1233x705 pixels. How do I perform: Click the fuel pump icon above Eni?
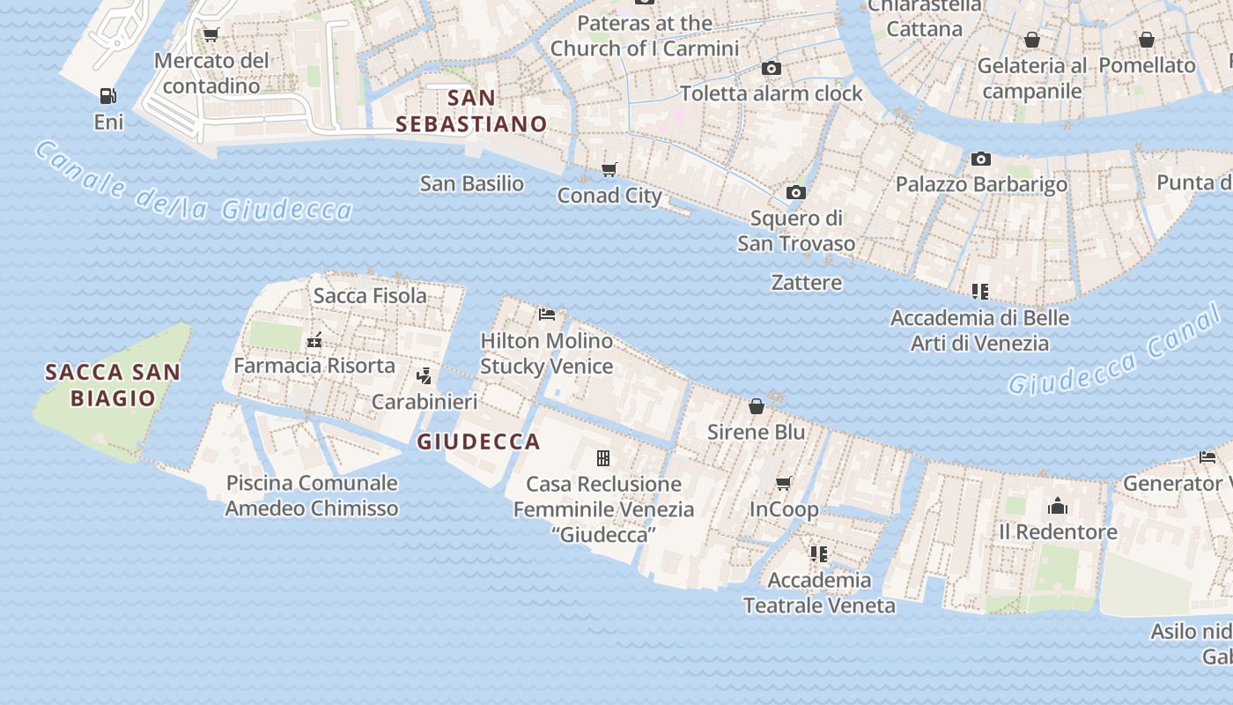107,95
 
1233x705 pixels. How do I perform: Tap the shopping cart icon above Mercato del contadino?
210,35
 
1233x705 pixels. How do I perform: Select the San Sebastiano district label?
471,110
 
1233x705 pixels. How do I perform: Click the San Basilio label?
471,184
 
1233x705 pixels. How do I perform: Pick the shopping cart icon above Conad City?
609,169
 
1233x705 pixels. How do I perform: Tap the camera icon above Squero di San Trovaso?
795,192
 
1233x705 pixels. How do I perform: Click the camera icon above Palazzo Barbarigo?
980,159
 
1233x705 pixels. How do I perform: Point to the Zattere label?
806,283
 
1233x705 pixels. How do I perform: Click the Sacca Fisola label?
370,295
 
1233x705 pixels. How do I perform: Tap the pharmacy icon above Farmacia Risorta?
314,340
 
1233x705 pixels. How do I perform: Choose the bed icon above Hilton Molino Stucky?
547,314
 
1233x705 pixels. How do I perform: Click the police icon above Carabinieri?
424,376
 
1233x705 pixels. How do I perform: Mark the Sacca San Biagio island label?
113,385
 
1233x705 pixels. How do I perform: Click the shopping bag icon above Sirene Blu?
756,406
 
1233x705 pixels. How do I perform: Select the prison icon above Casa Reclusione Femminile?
603,458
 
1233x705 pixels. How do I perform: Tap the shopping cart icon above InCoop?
783,483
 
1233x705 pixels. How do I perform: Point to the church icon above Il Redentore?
1057,506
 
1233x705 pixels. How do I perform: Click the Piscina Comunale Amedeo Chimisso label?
312,495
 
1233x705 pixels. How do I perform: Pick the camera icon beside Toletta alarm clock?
772,68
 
